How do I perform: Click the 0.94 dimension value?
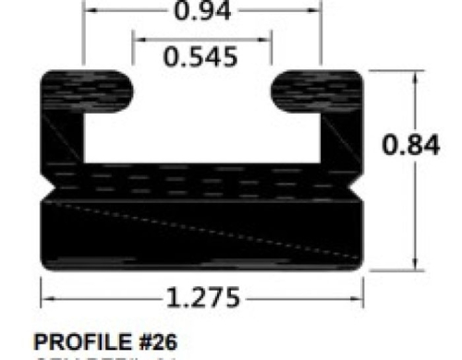[201, 12]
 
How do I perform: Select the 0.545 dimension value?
[201, 57]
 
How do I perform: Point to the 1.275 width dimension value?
[202, 298]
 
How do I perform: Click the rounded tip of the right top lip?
[275, 88]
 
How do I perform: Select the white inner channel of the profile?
[202, 129]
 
